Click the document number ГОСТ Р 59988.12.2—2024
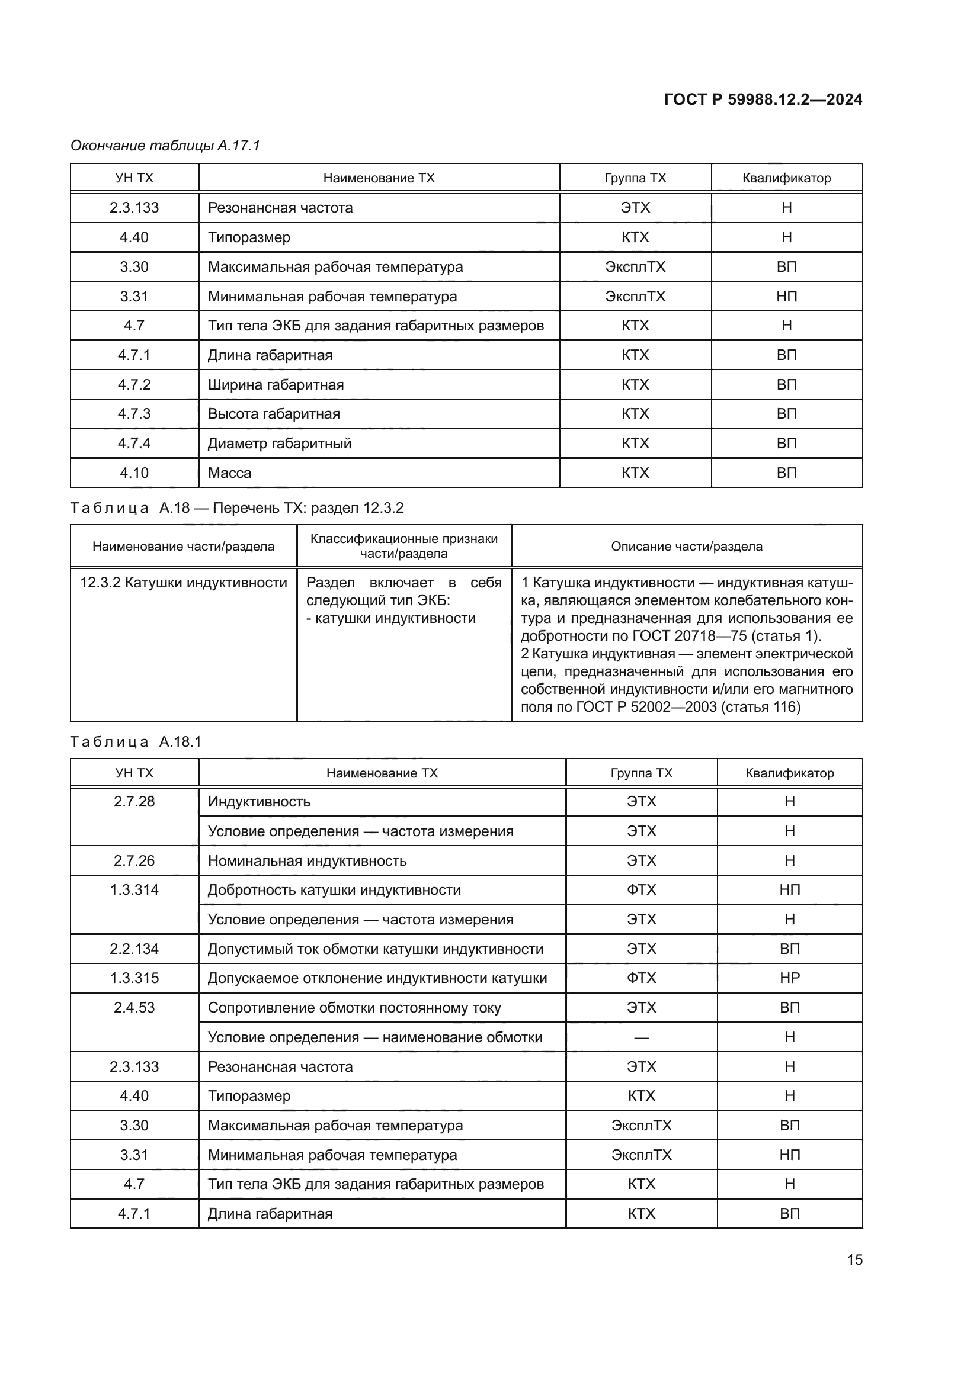coord(763,99)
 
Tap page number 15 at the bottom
coord(854,1259)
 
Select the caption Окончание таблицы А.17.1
coord(165,146)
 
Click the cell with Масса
coord(229,473)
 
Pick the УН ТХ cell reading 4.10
coord(134,473)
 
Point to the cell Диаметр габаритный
coord(280,444)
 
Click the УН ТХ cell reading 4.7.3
coord(134,414)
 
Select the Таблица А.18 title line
coord(236,508)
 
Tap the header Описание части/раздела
coord(686,547)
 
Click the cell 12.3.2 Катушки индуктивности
coord(184,583)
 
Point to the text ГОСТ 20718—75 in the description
coord(689,636)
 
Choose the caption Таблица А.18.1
coord(136,742)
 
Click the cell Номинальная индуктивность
coord(307,861)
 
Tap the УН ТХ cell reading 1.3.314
coord(134,890)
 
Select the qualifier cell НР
coord(789,978)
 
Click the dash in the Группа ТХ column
coord(641,1037)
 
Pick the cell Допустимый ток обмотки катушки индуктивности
coord(375,949)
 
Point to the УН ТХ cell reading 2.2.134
coord(134,949)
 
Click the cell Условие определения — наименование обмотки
coord(374,1037)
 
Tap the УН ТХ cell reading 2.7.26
coord(134,861)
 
